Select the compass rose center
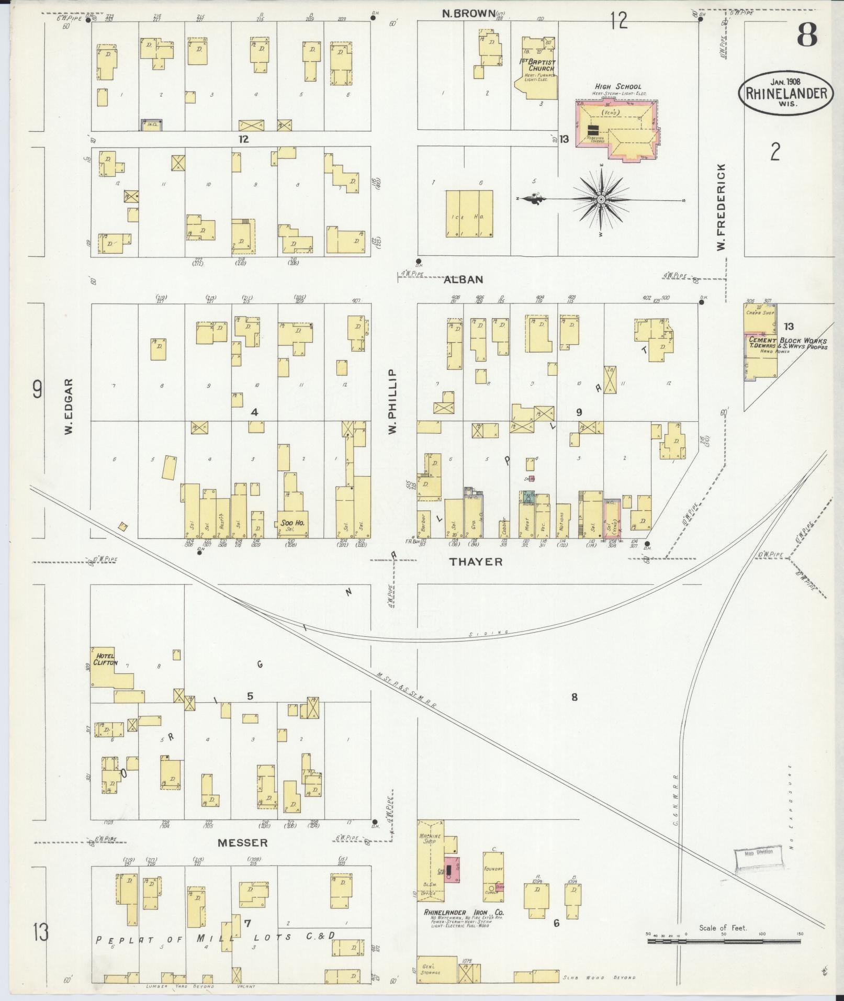tap(601, 200)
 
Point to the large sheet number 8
tap(808, 36)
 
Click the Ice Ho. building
tap(468, 213)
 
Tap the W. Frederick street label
tap(723, 206)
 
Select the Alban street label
tap(463, 279)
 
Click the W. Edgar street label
tap(68, 406)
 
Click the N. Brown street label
tap(468, 14)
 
